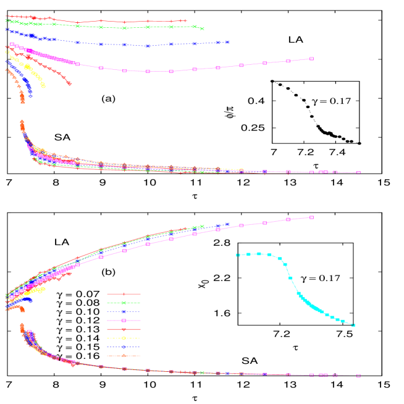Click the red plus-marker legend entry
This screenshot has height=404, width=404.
(124, 294)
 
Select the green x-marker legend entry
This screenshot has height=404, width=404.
(124, 303)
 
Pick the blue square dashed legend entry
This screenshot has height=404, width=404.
(124, 312)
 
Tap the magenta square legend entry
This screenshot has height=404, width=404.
(124, 321)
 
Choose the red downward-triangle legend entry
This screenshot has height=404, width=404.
(124, 329)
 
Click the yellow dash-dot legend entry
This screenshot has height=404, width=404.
(124, 338)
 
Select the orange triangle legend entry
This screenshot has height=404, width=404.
(124, 356)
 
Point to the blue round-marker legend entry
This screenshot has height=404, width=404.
(124, 347)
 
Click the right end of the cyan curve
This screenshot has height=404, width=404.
(353, 325)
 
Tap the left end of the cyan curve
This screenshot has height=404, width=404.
(237, 255)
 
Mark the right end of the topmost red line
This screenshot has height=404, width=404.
(187, 20)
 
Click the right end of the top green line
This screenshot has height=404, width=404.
(202, 29)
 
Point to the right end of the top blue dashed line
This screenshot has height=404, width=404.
(227, 42)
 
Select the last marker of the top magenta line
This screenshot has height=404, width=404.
(311, 59)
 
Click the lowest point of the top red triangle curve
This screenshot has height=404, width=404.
(69, 83)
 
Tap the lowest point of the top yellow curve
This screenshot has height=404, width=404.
(43, 86)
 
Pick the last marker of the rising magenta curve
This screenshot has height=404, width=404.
(311, 217)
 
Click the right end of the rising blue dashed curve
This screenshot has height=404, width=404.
(227, 224)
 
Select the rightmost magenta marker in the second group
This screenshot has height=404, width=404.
(358, 173)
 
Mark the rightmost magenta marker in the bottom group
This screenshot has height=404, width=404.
(358, 376)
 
